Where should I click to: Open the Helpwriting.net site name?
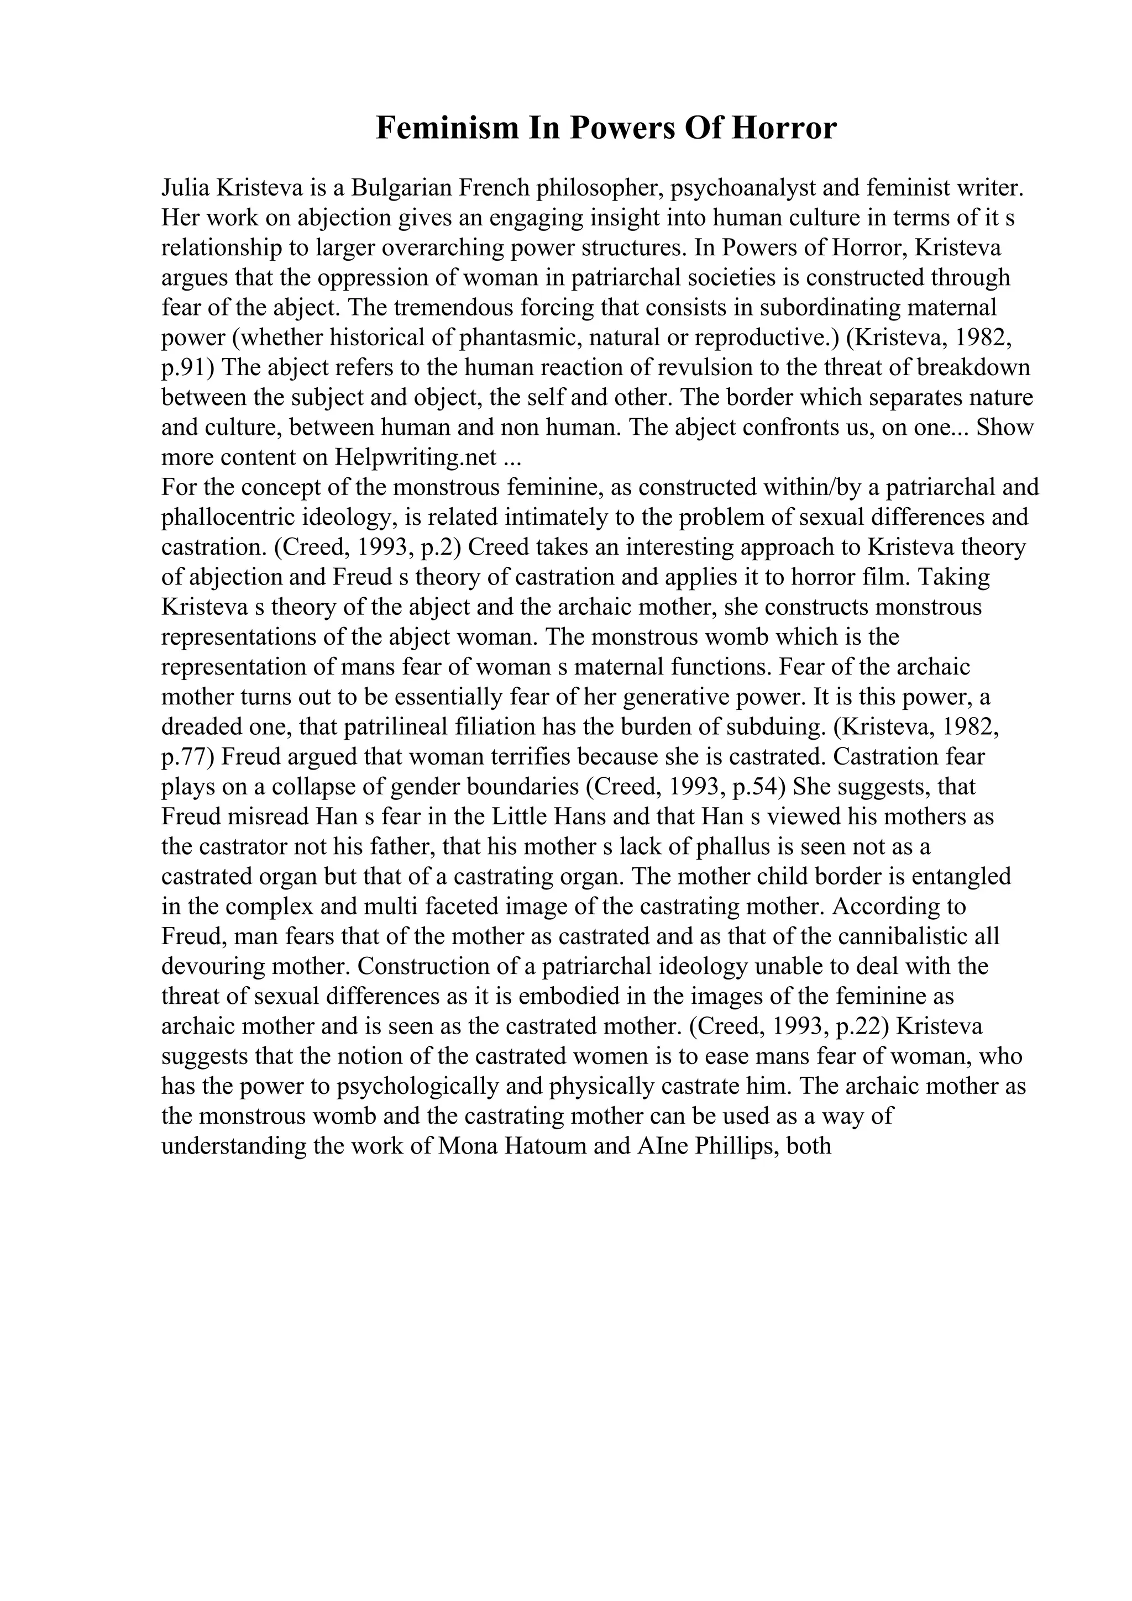pos(416,457)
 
